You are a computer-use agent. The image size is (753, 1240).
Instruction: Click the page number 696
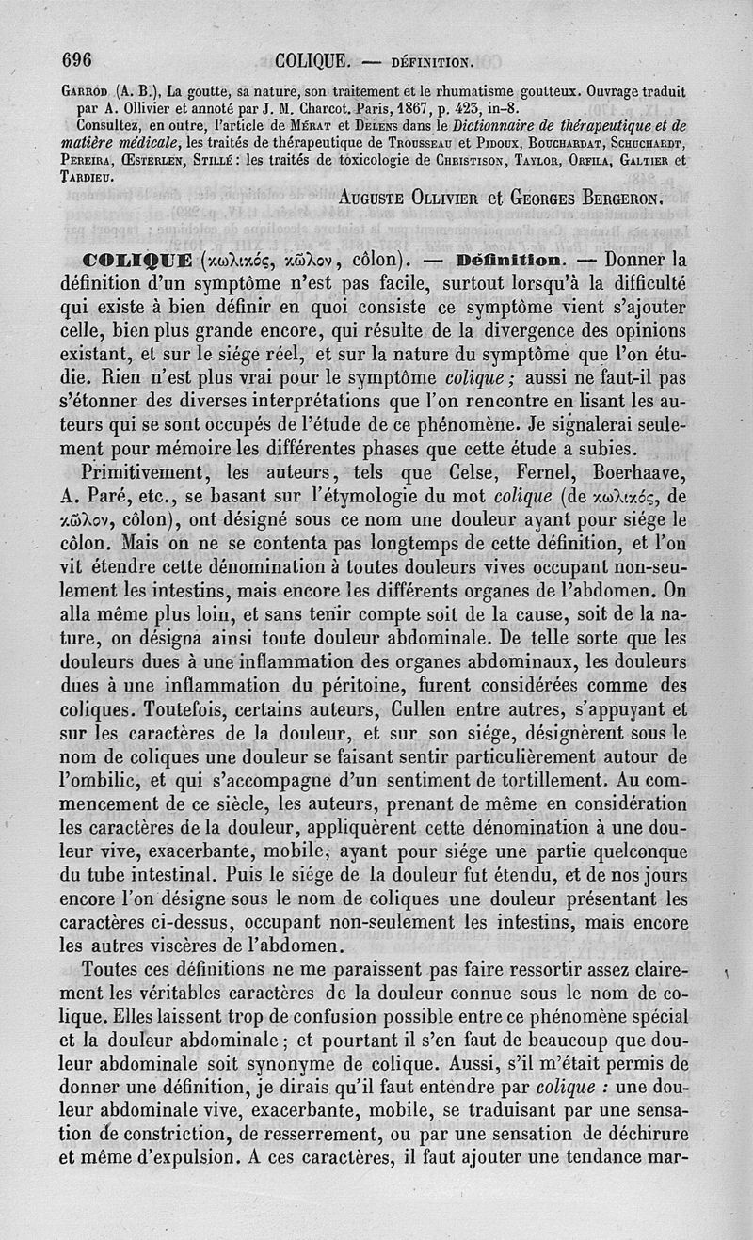tap(76, 61)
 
